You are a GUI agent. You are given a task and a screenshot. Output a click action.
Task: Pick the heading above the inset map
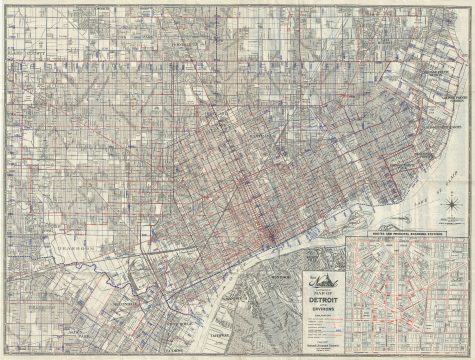point(405,235)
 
